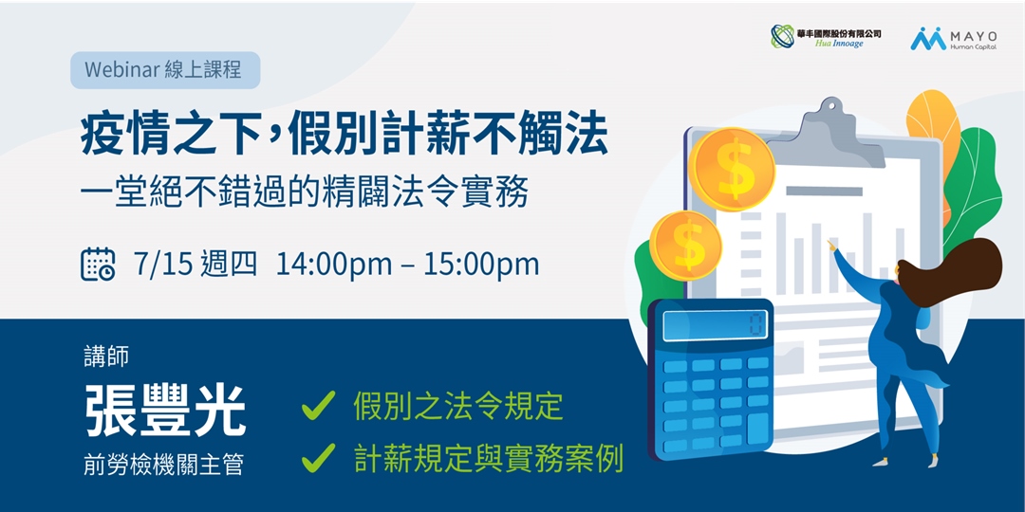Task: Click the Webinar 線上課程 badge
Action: pos(164,70)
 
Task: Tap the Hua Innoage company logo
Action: pos(825,37)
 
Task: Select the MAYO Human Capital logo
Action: pos(953,38)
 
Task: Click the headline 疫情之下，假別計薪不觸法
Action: pos(344,137)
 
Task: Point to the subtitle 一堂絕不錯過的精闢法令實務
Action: pos(304,193)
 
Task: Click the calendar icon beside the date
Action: pos(98,264)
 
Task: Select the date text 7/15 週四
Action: pos(196,264)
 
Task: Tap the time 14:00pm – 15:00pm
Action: pos(407,264)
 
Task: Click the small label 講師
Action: pos(105,357)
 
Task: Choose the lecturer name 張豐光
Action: pos(165,410)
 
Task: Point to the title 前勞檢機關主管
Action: pos(163,466)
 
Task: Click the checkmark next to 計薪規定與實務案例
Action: pos(318,460)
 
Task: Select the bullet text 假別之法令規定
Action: pos(458,407)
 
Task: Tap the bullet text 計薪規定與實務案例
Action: pos(488,460)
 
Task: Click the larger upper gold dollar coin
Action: pos(733,169)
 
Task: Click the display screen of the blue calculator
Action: pos(714,326)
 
